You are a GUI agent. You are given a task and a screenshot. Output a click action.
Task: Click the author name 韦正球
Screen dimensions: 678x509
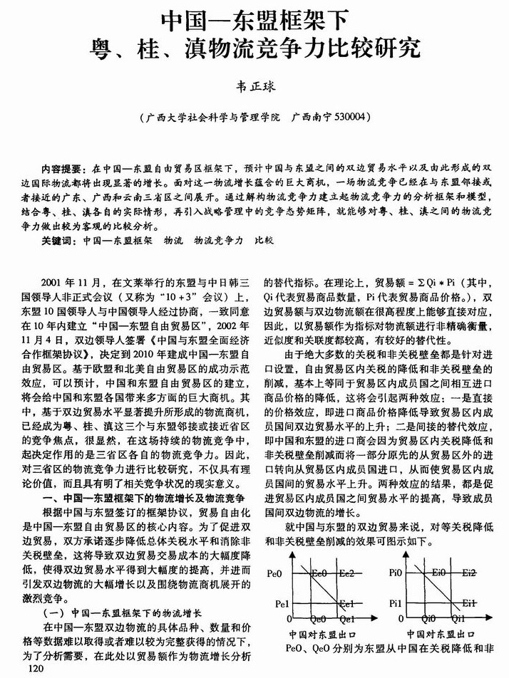point(254,85)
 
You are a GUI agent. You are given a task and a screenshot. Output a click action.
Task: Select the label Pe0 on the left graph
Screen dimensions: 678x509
point(275,573)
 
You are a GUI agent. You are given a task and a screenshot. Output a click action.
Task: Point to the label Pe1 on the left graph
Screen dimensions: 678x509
point(275,604)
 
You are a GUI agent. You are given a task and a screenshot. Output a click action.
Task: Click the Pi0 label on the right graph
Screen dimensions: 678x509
point(396,573)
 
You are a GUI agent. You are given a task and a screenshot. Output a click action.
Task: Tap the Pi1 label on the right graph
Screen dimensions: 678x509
point(396,604)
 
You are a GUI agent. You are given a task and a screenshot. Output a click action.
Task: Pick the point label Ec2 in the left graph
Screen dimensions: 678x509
point(346,573)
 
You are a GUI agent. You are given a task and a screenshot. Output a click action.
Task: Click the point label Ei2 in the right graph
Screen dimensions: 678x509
point(468,573)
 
